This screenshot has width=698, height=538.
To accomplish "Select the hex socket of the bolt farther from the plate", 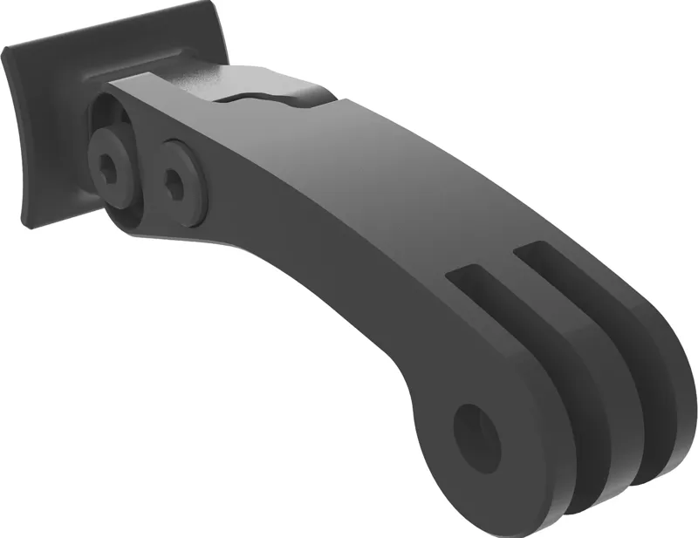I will [x=175, y=182].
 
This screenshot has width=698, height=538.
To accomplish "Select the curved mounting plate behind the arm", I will [x=52, y=131].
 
